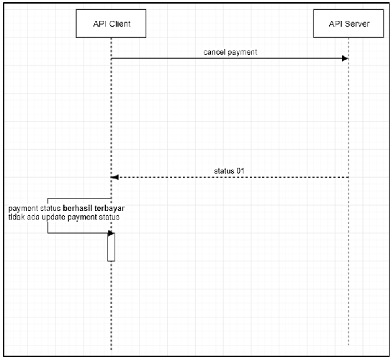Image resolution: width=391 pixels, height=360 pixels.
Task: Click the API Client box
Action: (x=111, y=24)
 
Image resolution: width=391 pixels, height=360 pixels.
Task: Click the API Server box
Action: (x=349, y=24)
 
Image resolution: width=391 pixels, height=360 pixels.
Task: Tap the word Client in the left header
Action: (x=120, y=24)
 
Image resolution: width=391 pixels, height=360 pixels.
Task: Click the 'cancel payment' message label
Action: (x=230, y=52)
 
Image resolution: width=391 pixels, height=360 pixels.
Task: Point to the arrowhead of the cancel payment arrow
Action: (x=345, y=58)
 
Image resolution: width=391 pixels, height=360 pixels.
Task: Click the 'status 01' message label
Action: (x=229, y=171)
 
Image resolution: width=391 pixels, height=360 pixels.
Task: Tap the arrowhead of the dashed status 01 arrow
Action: (x=114, y=177)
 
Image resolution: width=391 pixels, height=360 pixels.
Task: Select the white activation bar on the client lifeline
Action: (x=111, y=247)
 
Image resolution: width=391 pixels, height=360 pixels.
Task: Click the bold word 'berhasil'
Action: (x=78, y=208)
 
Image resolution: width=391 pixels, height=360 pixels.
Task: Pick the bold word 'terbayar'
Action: (x=109, y=208)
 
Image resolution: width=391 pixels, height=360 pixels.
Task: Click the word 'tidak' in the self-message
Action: (x=17, y=217)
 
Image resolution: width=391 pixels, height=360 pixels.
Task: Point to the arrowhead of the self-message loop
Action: (x=111, y=233)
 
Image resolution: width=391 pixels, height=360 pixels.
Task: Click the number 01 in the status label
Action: (x=241, y=171)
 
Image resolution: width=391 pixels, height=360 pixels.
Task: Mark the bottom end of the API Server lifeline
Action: (x=349, y=346)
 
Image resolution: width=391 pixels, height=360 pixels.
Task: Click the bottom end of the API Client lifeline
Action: (x=111, y=350)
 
